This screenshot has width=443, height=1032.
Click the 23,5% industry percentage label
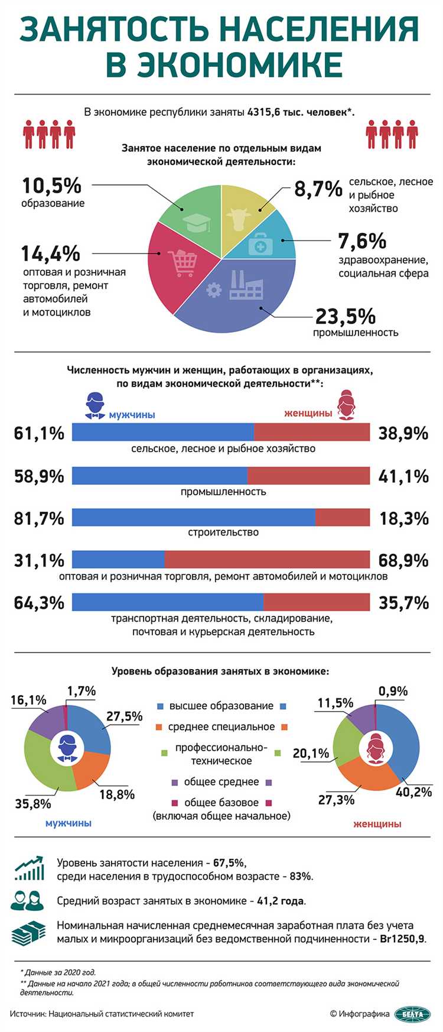pos(345,317)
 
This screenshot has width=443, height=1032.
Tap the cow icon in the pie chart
pos(238,219)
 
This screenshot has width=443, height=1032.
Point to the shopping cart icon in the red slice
pos(182,263)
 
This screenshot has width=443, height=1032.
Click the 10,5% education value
pos(51,186)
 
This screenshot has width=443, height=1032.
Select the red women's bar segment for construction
pos(343,517)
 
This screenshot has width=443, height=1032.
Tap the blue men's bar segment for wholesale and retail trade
pos(118,559)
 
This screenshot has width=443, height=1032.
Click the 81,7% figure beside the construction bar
pos(39,518)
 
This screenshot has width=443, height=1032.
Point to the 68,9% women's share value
pos(403,560)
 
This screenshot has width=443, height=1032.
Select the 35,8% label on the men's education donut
pos(33,804)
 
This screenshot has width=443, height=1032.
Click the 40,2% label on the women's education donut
pos(413,792)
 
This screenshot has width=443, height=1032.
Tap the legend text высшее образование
pos(221,706)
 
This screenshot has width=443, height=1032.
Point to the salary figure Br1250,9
pos(402,939)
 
